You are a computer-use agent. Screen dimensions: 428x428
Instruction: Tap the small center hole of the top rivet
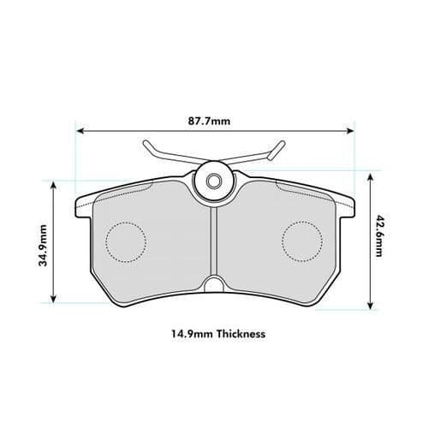click(x=213, y=181)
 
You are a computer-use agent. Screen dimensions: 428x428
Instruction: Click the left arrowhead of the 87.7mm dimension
click(x=80, y=131)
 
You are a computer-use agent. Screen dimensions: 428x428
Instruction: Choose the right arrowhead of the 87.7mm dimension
click(x=350, y=131)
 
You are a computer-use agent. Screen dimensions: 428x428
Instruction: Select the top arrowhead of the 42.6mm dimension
click(x=370, y=173)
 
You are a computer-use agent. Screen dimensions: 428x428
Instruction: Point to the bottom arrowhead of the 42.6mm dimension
click(x=370, y=306)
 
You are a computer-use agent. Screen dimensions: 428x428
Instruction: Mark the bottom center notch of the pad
click(x=213, y=285)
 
